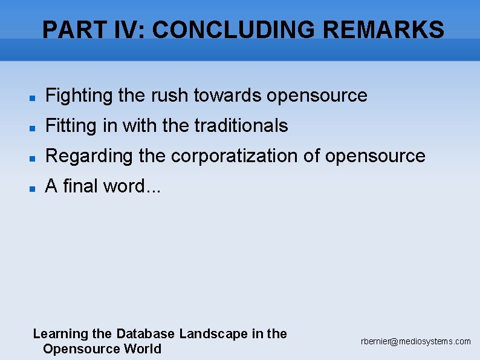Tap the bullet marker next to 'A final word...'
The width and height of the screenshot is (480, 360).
(x=34, y=188)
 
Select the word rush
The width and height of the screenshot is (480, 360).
(x=171, y=96)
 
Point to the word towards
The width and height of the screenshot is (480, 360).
(x=227, y=96)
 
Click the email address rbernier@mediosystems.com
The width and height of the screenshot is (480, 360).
(x=415, y=342)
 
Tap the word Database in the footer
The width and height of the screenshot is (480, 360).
(x=145, y=333)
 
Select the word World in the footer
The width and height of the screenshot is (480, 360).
(x=143, y=349)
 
